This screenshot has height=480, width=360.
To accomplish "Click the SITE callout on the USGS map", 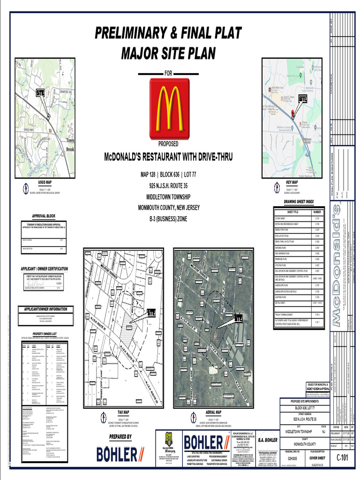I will tap(41, 93).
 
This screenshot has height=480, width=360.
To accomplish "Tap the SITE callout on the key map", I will tap(302, 99).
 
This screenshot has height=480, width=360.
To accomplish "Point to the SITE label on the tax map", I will tap(151, 313).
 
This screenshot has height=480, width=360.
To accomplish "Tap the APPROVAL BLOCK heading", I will tap(44, 216).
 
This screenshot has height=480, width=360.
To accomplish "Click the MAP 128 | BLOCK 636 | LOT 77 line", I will tap(169, 175).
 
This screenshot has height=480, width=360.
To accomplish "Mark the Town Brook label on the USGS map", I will tap(70, 144).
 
